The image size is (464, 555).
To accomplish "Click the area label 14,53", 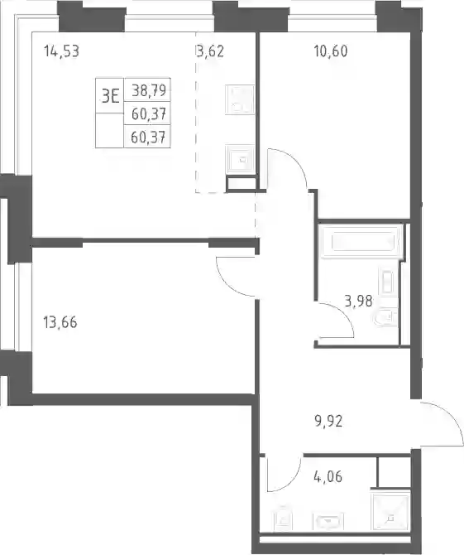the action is [61, 51].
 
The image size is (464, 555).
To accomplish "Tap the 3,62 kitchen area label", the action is [210, 51].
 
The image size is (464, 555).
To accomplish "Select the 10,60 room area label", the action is [331, 51].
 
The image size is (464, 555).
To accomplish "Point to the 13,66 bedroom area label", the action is [60, 322].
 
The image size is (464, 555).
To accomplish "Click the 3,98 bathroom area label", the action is [358, 302].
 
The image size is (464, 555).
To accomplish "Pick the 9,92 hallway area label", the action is [328, 422].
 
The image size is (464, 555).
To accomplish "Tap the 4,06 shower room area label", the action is [328, 476].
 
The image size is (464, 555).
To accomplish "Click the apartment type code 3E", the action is [110, 95].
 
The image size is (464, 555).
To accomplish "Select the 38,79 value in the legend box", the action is [149, 90].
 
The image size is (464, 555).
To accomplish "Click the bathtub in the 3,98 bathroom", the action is [361, 242].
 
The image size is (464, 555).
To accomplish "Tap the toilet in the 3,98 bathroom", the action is [386, 317].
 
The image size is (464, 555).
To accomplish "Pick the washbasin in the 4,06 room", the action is [328, 521].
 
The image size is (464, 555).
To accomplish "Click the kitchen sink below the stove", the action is [240, 158].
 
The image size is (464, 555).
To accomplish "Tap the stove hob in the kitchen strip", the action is [240, 99].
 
